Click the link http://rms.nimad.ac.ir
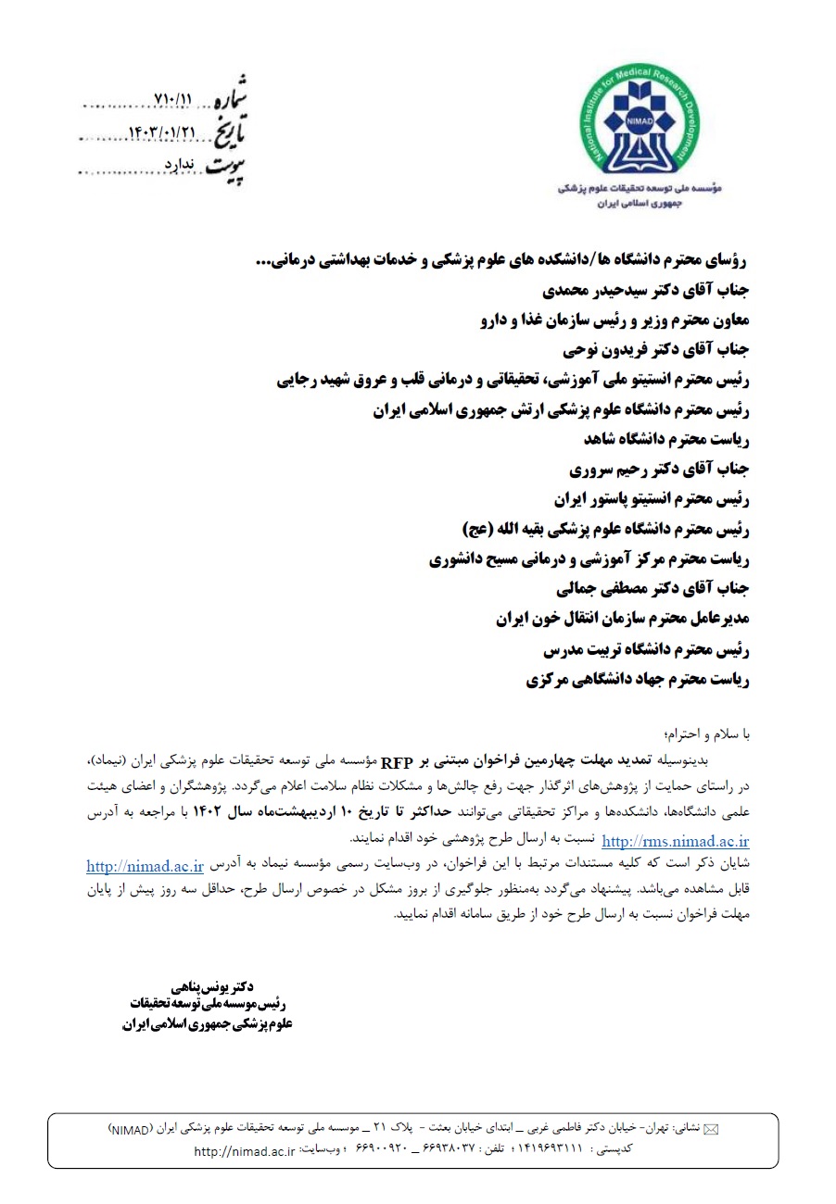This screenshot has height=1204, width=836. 675,841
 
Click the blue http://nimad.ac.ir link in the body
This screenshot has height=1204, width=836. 145,866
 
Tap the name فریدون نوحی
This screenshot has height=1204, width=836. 583,350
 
